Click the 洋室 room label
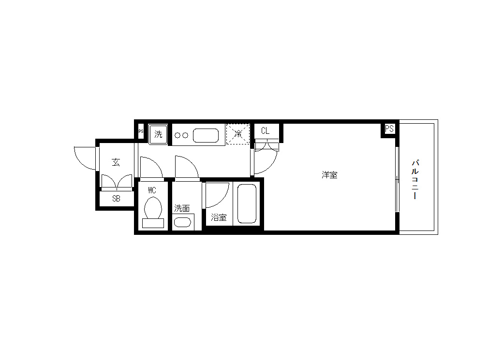(x=329, y=175)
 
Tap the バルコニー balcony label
(x=415, y=179)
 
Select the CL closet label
(x=265, y=131)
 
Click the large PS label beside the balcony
(x=389, y=129)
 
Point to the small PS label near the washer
(x=141, y=131)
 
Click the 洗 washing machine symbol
(x=158, y=134)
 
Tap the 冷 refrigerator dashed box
(x=238, y=134)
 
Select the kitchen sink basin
(x=206, y=135)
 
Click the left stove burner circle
(x=178, y=136)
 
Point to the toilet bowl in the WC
(x=153, y=208)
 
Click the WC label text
(x=152, y=190)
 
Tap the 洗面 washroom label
(x=182, y=208)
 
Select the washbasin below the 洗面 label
(x=182, y=222)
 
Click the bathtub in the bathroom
(x=247, y=203)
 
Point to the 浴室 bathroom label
(x=219, y=217)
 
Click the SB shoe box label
(x=116, y=199)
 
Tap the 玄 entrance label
(x=116, y=162)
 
